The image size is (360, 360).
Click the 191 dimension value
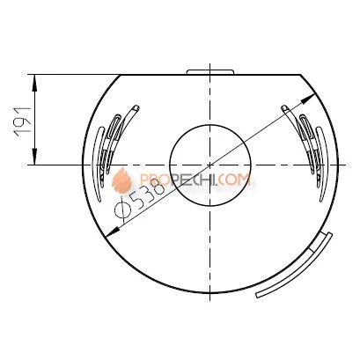(x=24, y=121)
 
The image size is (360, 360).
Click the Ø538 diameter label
(x=139, y=200)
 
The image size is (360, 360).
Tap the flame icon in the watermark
(x=121, y=180)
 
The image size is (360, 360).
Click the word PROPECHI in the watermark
(x=178, y=180)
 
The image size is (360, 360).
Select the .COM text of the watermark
(x=233, y=180)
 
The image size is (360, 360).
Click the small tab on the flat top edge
(x=210, y=72)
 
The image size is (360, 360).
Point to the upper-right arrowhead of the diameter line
(x=308, y=98)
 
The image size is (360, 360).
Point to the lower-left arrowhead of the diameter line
(x=113, y=231)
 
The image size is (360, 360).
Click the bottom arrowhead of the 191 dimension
(x=35, y=157)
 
